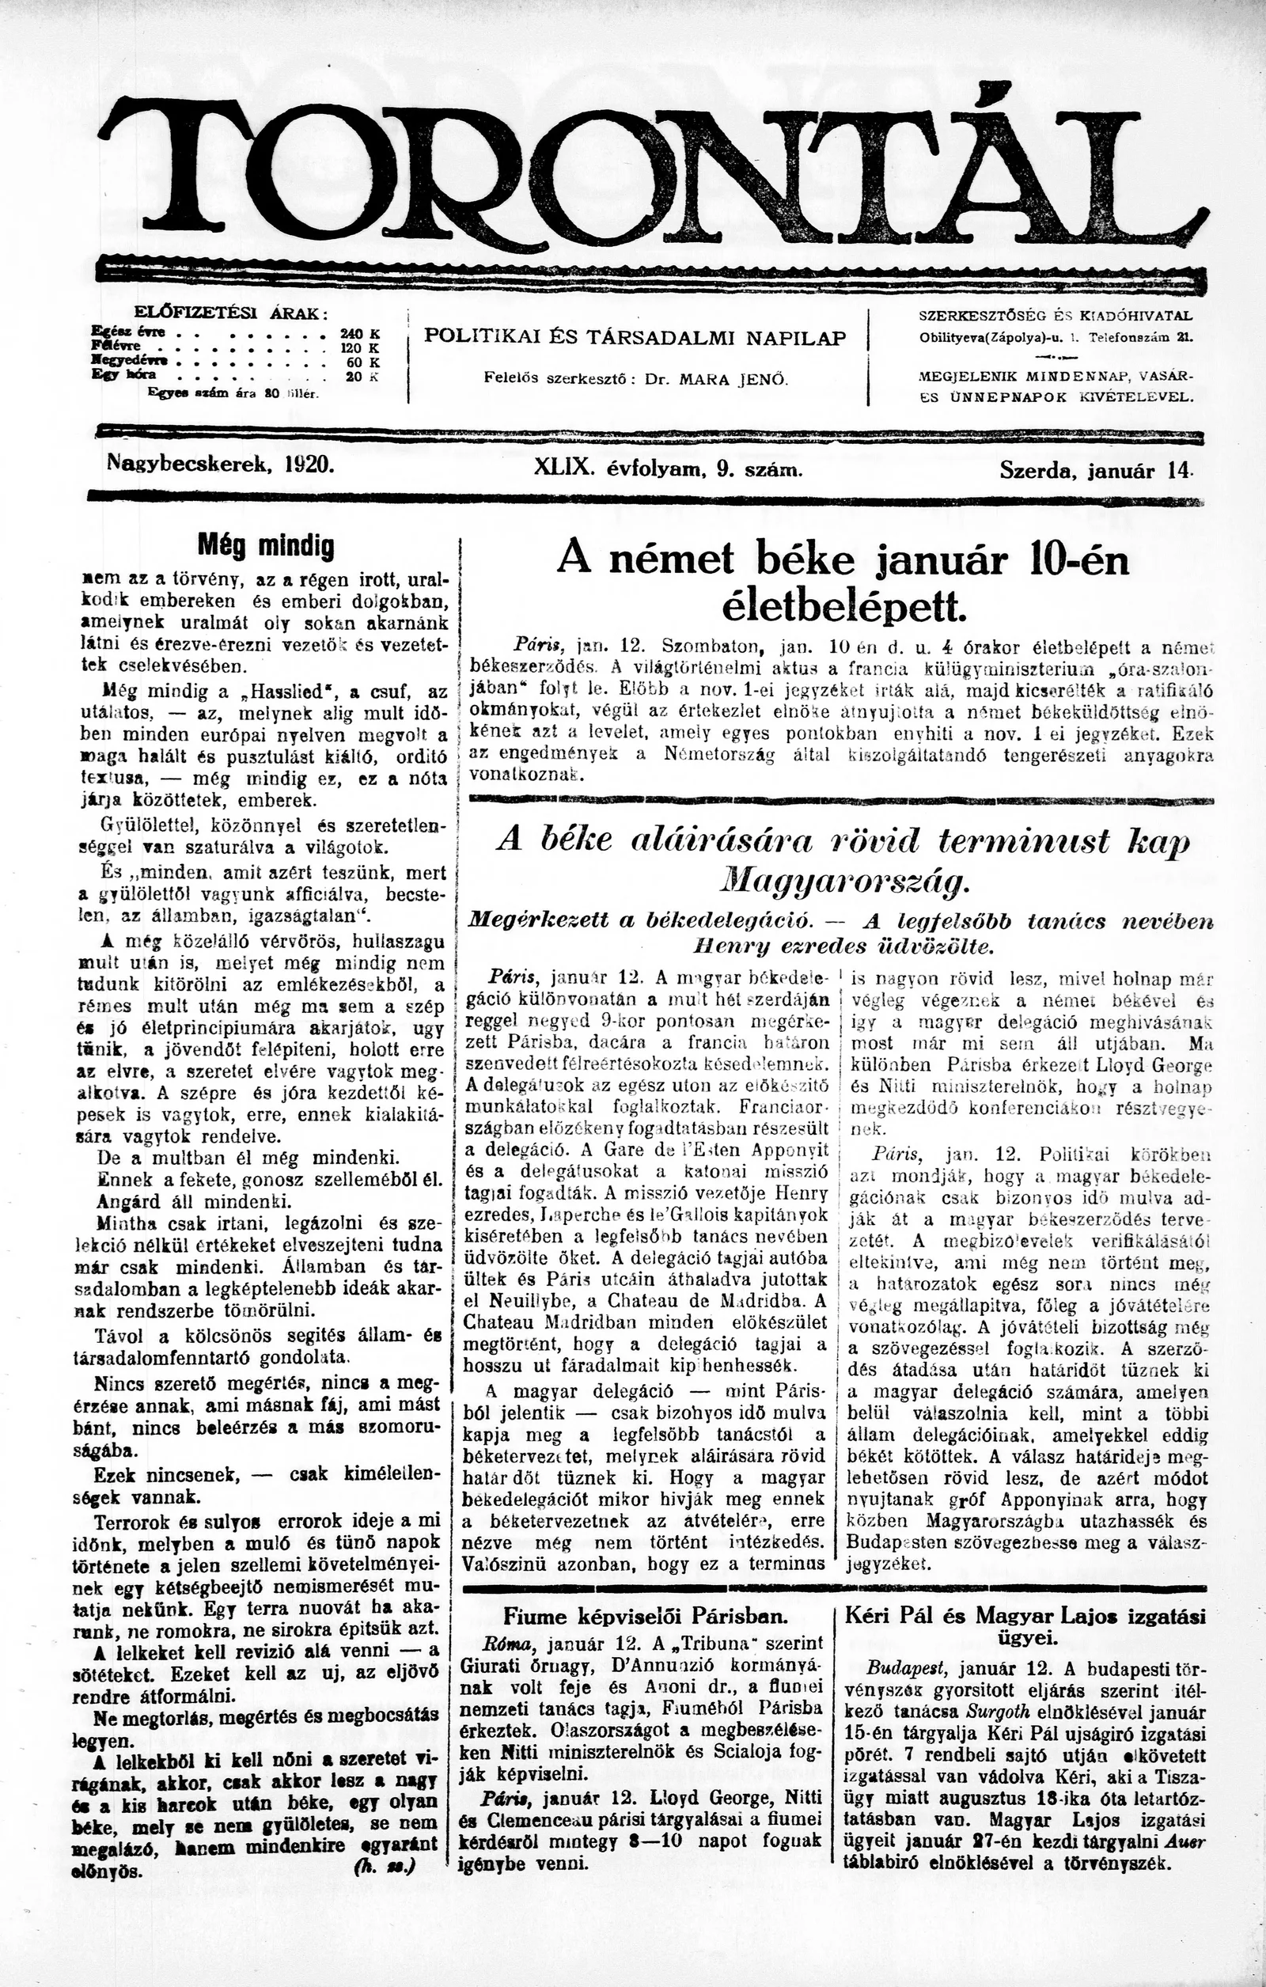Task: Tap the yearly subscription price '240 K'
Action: [359, 333]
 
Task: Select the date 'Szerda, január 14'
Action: [1095, 470]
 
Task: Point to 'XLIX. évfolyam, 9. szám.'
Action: [669, 468]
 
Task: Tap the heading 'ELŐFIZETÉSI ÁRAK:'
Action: [230, 313]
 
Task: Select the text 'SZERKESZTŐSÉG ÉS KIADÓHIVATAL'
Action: [1056, 315]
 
